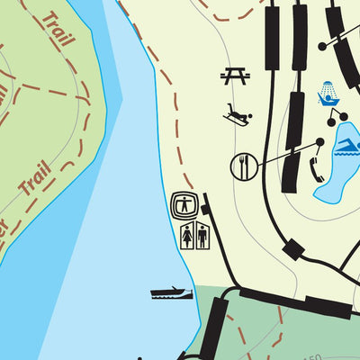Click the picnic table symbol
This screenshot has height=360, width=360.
tap(235, 76)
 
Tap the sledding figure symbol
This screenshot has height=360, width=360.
tap(238, 114)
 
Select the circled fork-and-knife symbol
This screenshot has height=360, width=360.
tap(244, 166)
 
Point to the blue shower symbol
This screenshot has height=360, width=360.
tap(328, 92)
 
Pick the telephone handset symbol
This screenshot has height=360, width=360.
tap(317, 168)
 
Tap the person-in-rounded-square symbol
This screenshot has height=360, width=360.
tap(184, 204)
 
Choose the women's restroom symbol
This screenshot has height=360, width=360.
tap(186, 236)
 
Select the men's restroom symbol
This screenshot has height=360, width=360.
tap(202, 236)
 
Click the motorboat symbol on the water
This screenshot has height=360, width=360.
tap(172, 292)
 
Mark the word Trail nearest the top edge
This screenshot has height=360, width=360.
tap(57, 28)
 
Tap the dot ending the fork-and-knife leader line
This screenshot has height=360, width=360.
tap(319, 142)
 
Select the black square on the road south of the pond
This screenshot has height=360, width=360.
tap(292, 249)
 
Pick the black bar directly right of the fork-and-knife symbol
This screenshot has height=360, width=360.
tap(290, 170)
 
